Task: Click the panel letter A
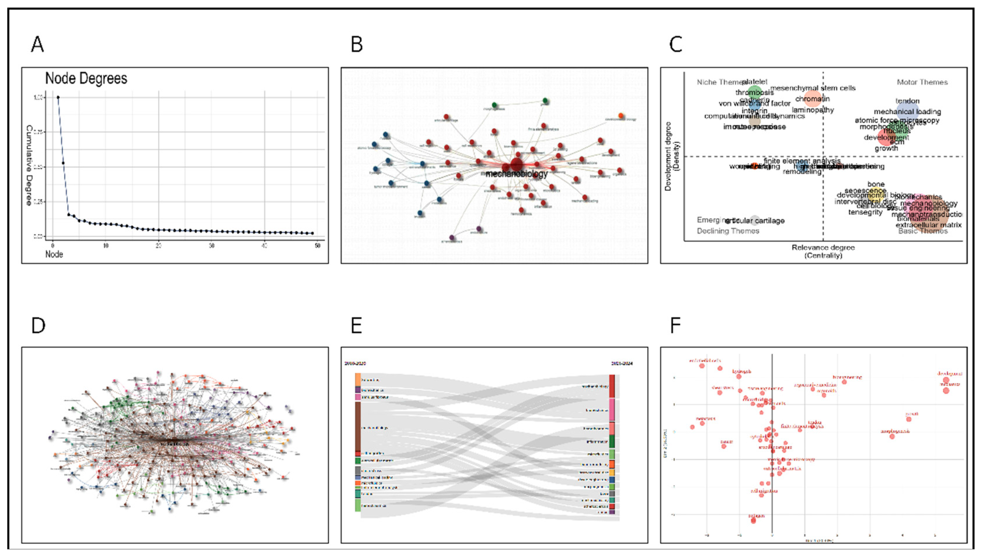coord(37,44)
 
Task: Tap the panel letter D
coord(38,326)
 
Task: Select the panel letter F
coord(675,326)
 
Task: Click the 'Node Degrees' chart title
coord(86,78)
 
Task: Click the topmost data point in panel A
coord(58,97)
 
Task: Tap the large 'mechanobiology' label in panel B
coord(517,174)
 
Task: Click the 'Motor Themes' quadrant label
coord(922,82)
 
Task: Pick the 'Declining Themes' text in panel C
coord(728,231)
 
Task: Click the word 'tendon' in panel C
coord(907,101)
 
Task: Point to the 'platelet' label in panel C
coord(754,82)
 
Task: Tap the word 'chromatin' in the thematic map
coord(812,99)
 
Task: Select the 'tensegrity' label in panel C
coord(865,212)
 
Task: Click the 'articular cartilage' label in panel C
coord(754,221)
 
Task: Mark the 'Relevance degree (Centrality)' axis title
coord(823,251)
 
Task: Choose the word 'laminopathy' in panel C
coord(813,110)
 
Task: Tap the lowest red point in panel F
coord(753,520)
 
